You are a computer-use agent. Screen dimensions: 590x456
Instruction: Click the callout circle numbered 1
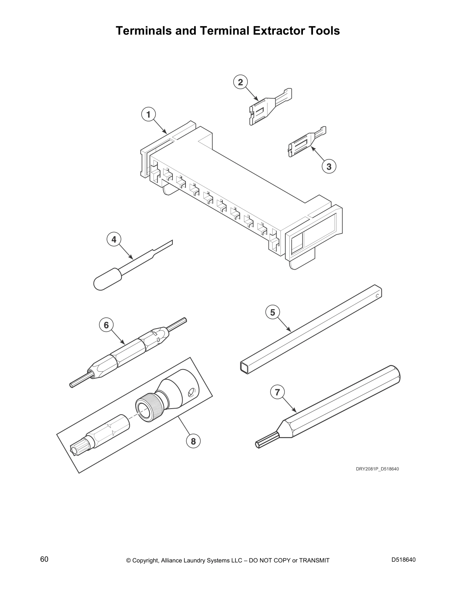coord(148,114)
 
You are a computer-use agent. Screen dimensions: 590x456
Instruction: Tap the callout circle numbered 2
coord(240,82)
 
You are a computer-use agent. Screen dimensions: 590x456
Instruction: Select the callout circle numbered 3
coord(329,166)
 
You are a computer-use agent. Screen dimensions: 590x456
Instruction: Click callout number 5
coord(273,312)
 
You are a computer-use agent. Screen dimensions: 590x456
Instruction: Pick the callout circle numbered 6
coord(106,325)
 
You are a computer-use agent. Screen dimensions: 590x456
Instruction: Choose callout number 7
coord(277,392)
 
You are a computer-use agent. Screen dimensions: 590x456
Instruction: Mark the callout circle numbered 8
coord(193,441)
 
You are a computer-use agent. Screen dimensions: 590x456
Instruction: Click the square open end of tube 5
coord(244,368)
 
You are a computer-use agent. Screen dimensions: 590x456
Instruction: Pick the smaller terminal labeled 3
coord(306,142)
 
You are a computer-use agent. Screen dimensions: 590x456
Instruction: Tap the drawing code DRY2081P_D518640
coord(377,469)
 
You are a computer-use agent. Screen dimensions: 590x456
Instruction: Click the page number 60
coord(44,559)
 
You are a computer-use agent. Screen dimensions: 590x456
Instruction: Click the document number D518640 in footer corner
coord(403,559)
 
